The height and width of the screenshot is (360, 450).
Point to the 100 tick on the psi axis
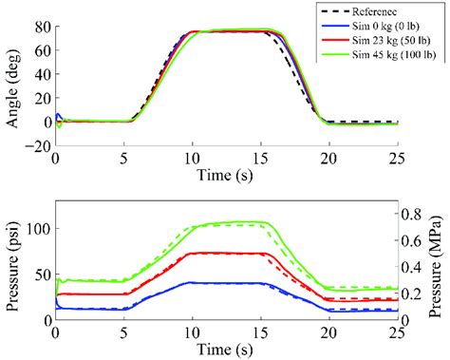37,229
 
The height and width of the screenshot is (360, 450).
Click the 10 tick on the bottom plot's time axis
192,332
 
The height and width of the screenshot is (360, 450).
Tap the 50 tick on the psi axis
41,274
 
